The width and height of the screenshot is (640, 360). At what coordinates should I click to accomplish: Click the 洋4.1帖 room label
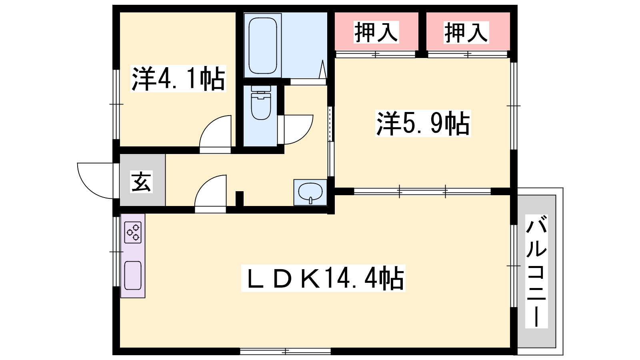point(178,78)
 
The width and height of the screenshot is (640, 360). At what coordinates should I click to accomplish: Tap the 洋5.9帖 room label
point(423,124)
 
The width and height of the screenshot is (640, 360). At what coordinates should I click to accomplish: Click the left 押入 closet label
point(376,32)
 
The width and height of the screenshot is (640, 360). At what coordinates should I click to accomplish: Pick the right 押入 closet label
point(466,32)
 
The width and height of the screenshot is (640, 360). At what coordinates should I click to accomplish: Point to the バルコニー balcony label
point(536,271)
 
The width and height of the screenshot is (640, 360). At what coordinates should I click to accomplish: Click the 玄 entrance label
point(142,182)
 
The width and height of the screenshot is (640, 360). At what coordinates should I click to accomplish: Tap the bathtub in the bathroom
point(262,46)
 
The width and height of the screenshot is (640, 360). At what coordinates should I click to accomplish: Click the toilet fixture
point(260,103)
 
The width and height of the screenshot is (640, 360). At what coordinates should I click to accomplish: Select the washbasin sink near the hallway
point(310,192)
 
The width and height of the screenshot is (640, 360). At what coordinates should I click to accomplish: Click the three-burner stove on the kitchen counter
point(133,232)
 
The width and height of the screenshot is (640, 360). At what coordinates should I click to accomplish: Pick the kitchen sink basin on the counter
point(133,276)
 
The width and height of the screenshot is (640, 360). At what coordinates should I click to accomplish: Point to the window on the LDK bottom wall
point(285,351)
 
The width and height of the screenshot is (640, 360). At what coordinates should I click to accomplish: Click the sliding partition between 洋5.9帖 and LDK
point(422,192)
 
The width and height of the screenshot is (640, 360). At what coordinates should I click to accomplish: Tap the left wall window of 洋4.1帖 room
point(116,104)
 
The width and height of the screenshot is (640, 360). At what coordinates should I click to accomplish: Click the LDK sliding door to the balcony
point(514,266)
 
